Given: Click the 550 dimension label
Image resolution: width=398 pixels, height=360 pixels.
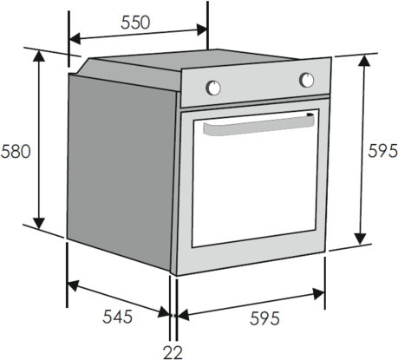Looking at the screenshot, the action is tap(135, 23).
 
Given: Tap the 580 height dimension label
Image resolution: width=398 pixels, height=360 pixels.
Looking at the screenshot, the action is tap(16, 151).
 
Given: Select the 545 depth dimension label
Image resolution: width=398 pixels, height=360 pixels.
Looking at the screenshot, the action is tap(117, 317).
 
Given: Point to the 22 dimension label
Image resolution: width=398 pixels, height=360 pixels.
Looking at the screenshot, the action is tap(173, 352).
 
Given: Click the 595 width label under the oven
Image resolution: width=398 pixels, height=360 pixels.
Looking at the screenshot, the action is tap(264, 318).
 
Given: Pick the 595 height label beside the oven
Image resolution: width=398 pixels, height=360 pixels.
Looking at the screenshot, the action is tap(382, 151).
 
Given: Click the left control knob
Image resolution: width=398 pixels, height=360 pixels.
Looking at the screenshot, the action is tap(213, 88).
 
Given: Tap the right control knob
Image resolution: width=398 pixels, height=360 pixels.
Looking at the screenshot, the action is tap(307, 80).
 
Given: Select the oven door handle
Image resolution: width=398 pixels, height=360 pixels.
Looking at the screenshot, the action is tap(258, 125).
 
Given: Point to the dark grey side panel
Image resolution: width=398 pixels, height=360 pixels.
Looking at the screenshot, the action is tap(121, 173).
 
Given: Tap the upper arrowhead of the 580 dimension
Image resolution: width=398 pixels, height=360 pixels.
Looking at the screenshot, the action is tap(39, 56).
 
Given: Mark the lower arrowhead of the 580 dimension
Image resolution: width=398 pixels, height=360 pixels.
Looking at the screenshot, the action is tap(39, 223).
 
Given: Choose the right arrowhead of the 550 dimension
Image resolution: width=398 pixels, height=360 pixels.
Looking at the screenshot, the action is tap(202, 29).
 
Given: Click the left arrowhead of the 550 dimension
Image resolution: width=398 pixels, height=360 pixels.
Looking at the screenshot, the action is tap(75, 39).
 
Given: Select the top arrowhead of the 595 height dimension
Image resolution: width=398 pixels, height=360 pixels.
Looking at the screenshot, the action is tap(366, 61).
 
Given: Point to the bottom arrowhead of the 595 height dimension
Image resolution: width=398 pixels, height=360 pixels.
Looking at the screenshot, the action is tap(361, 239).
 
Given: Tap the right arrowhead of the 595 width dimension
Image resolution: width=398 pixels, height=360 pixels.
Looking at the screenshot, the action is tap(319, 294).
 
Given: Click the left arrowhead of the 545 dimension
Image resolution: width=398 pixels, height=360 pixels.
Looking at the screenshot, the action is tap(73, 285).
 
